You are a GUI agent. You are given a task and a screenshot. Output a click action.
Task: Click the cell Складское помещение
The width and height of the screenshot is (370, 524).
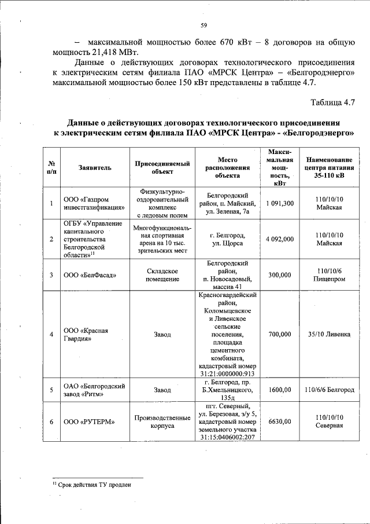point(162,275)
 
